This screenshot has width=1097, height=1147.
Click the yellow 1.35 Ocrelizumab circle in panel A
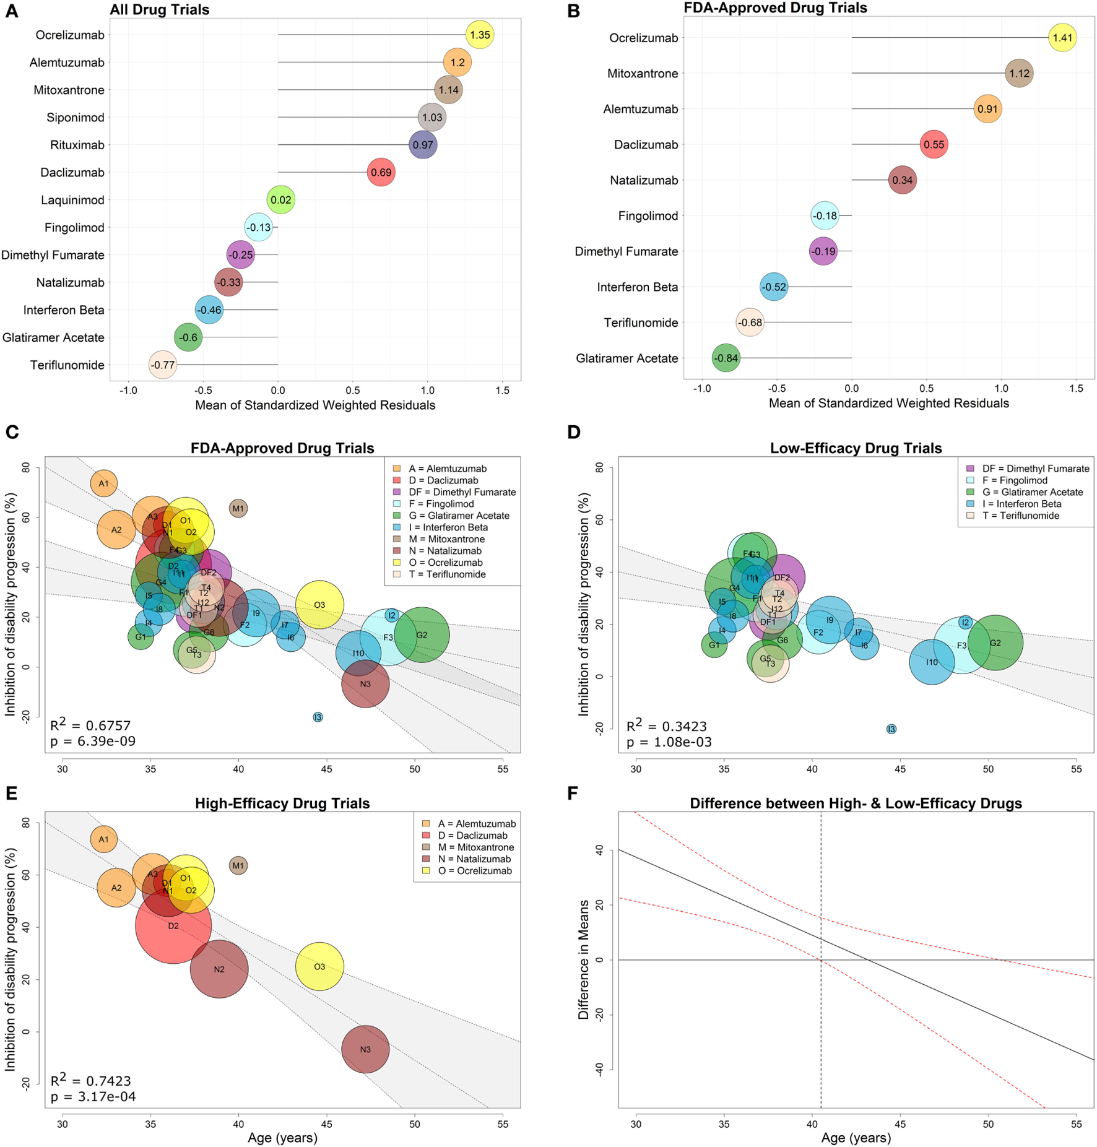coord(480,35)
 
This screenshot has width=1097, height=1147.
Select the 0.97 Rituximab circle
coord(423,145)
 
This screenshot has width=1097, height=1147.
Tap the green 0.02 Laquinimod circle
coord(281,200)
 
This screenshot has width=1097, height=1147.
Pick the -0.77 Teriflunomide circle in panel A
coord(163,365)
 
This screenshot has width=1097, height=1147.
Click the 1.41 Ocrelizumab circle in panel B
coord(1062,38)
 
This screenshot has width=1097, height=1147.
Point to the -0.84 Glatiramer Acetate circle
coord(726,358)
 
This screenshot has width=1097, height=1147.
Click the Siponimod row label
coord(76,118)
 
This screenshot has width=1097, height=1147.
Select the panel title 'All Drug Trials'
coord(160,10)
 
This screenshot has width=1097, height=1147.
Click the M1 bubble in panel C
coord(238,509)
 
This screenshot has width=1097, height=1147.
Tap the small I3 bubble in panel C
coord(318,717)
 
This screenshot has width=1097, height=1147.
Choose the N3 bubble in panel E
coord(365,1049)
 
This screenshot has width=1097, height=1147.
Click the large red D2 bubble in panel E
coord(173,926)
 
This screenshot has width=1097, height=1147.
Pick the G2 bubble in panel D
coord(995,643)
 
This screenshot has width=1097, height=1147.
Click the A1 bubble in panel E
coord(103,839)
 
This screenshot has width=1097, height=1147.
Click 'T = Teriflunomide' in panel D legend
coord(1020,516)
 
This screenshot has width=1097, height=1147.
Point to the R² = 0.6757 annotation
coord(90,725)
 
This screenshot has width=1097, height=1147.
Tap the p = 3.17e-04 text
coord(93,1096)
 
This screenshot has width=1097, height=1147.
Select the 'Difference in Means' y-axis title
coord(583,959)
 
